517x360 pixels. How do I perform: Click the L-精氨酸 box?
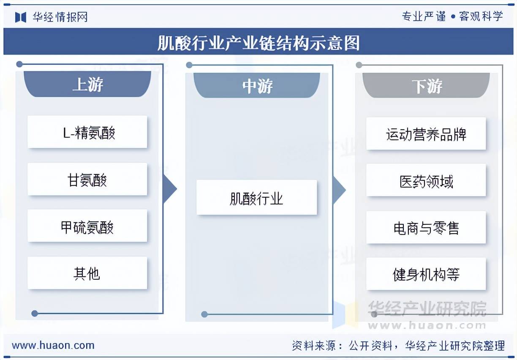87,132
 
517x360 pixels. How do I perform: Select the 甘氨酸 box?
87,179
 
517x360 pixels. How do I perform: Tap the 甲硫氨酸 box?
87,226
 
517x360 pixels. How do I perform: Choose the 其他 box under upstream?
87,273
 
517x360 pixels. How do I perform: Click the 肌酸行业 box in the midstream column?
257,197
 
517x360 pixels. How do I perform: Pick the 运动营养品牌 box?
426,134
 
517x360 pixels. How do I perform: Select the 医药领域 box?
426,180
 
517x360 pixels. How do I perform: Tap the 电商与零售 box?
426,227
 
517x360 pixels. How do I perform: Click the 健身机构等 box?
426,274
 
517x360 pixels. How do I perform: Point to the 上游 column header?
87,84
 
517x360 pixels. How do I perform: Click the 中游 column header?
257,85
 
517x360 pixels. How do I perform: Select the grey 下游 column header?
426,85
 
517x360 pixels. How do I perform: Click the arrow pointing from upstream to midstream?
170,189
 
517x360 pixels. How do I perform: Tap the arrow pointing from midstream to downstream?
339,190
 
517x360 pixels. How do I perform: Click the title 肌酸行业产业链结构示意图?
258,43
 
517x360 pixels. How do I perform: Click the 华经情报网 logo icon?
21,17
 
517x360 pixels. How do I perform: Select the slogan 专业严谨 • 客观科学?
452,16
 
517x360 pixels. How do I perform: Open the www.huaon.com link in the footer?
53,346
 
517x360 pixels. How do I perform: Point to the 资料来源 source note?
398,346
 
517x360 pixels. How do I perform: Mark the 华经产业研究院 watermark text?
427,308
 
